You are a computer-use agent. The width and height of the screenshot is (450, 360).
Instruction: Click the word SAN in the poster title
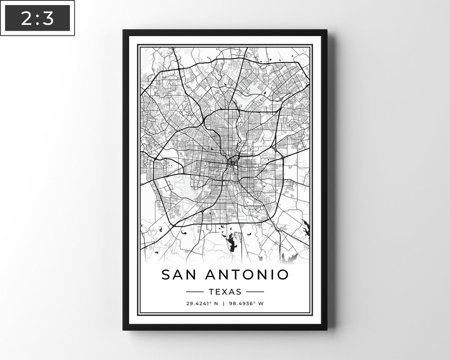tap(177, 275)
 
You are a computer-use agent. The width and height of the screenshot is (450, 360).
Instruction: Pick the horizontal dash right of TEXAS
tap(255, 292)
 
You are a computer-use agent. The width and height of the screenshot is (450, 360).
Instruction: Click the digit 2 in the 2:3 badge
tap(26, 18)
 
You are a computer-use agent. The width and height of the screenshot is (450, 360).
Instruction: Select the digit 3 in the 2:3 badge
tap(49, 18)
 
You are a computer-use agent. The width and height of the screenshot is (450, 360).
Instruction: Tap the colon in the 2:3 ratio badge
tap(37, 19)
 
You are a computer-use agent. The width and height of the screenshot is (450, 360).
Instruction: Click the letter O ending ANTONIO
tap(282, 275)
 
